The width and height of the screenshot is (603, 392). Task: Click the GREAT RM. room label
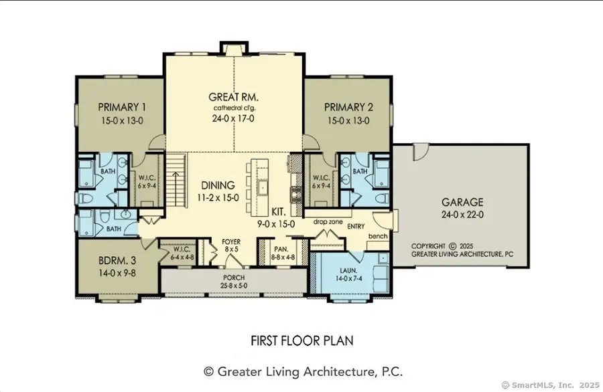(234, 96)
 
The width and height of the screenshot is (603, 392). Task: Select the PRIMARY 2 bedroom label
(348, 107)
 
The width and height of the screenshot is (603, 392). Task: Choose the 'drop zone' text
(327, 220)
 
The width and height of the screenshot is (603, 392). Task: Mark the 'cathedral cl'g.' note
(234, 108)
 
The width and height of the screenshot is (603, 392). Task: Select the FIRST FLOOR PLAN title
(301, 340)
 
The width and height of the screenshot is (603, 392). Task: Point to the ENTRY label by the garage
(356, 227)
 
